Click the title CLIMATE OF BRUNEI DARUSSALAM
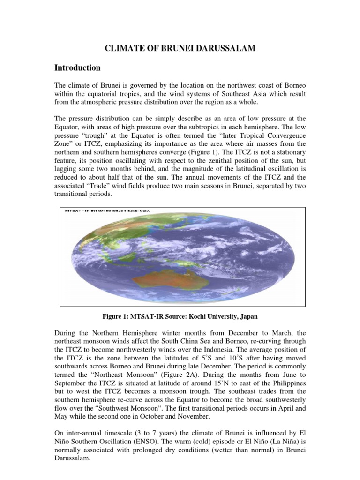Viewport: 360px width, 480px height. click(x=180, y=49)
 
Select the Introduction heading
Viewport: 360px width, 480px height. click(x=77, y=68)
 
